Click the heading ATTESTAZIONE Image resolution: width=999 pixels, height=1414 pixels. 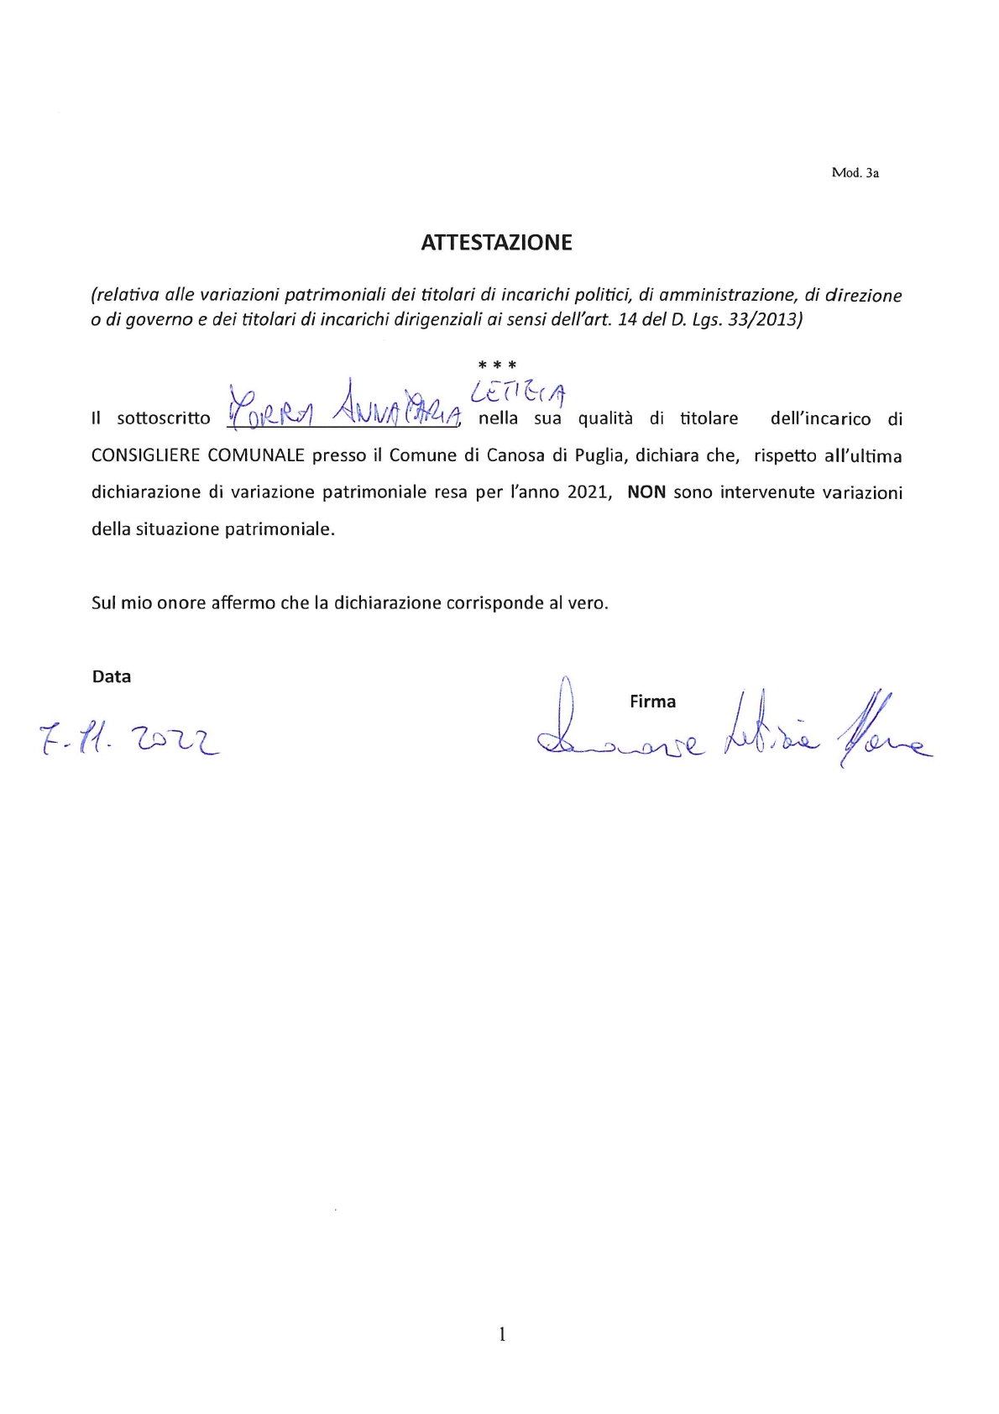point(496,243)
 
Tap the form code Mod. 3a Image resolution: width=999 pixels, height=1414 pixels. point(855,173)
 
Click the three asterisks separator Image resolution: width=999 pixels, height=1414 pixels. point(497,365)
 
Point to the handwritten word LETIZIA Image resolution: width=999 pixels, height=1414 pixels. point(518,391)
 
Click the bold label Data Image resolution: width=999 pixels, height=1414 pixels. point(112,677)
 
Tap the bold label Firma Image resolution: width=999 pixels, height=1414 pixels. point(652,702)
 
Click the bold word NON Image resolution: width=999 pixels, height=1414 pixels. point(646,492)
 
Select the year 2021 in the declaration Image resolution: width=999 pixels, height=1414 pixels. point(587,492)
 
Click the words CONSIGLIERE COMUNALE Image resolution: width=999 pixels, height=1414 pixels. point(197,455)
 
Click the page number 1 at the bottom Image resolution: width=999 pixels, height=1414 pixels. point(502,1334)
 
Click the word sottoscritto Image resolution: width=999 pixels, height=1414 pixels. point(164,418)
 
